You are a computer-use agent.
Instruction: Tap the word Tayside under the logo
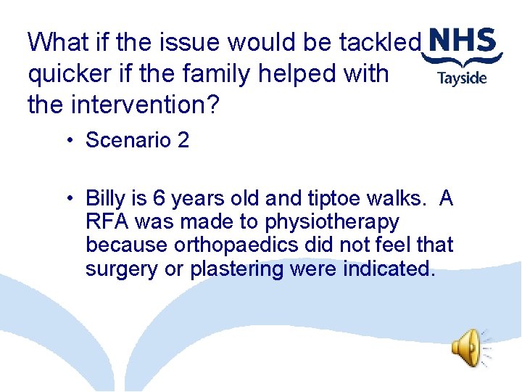coord(462,78)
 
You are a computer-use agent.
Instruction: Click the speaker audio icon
coord(468,348)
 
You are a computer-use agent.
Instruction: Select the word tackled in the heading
coord(380,43)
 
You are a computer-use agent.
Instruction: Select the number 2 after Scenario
coord(182,140)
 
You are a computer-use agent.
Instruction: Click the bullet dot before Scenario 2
coord(66,140)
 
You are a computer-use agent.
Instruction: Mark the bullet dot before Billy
coord(66,198)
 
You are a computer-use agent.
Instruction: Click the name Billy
coord(105,198)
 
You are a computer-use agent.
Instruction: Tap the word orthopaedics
coord(242,245)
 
